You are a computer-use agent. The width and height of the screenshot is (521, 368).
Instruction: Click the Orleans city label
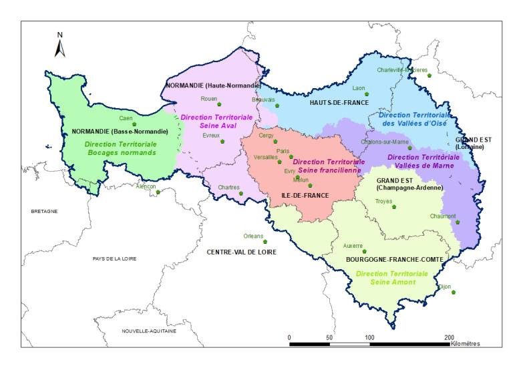pyautogui.click(x=253, y=235)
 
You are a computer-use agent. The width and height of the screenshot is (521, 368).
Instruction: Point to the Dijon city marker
pyautogui.click(x=454, y=293)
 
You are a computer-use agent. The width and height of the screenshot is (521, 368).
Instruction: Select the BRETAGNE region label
pyautogui.click(x=45, y=211)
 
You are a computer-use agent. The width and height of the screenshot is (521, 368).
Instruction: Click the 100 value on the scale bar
pyautogui.click(x=369, y=338)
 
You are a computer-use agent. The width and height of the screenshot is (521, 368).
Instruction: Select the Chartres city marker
pyautogui.click(x=242, y=194)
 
